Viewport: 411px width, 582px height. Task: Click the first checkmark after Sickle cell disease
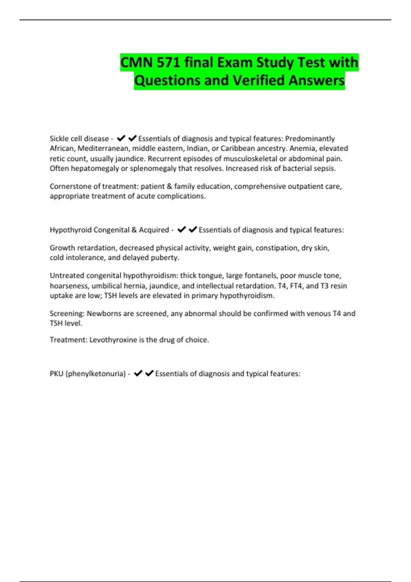click(121, 138)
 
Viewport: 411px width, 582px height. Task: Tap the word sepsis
click(325, 168)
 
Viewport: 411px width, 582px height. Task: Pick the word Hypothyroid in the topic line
click(70, 230)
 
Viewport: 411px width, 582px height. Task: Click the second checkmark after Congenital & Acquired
click(193, 229)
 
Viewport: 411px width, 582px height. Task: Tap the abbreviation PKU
click(57, 374)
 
